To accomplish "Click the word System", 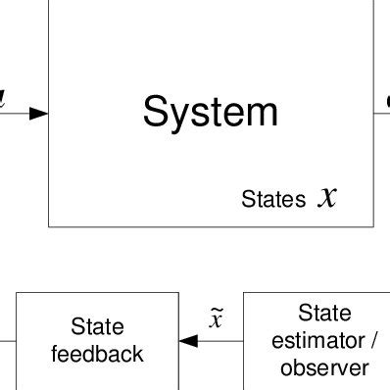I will pyautogui.click(x=211, y=112).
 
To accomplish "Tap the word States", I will pyautogui.click(x=273, y=200).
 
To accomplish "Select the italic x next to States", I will pyautogui.click(x=327, y=198).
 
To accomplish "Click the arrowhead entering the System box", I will pyautogui.click(x=39, y=113).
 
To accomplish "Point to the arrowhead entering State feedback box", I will pyautogui.click(x=188, y=340).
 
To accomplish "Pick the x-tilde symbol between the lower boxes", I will pyautogui.click(x=217, y=319).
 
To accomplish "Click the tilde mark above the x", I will pyautogui.click(x=217, y=311).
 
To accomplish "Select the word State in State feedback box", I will pyautogui.click(x=97, y=326).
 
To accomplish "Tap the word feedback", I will pyautogui.click(x=97, y=354).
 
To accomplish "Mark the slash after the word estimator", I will pyautogui.click(x=372, y=341).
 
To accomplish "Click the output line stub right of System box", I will pyautogui.click(x=382, y=113).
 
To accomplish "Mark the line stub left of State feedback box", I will pyautogui.click(x=7, y=340).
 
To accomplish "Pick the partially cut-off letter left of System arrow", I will pyautogui.click(x=3, y=99).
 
